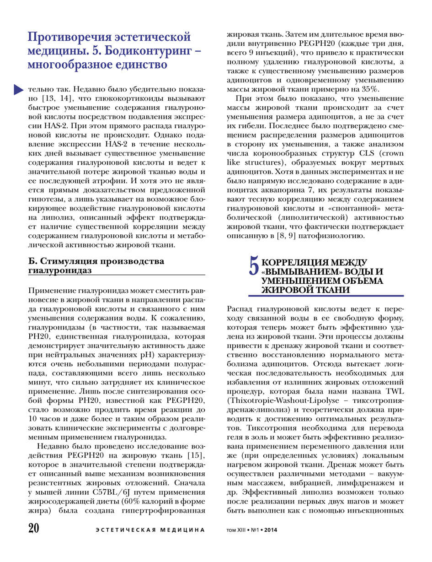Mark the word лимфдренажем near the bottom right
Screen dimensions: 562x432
367,482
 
